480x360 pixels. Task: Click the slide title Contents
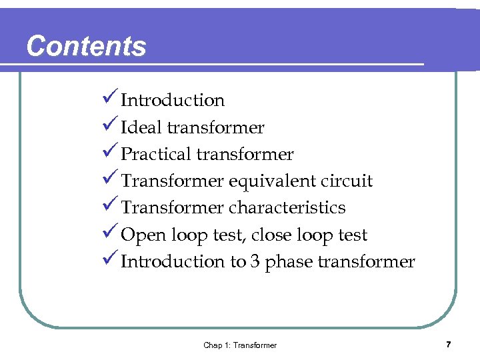[x=86, y=46]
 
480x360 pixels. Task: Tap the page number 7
[x=449, y=344]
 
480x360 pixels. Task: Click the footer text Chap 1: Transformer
[x=240, y=345]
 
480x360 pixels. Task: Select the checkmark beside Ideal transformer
[x=111, y=127]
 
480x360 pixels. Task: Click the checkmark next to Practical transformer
[x=111, y=153]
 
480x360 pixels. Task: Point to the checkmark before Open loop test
[x=111, y=234]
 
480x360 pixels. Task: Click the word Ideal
[x=141, y=127]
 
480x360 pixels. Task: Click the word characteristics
[x=287, y=207]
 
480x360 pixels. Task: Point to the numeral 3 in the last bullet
[x=255, y=261]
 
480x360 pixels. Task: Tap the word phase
[x=289, y=262]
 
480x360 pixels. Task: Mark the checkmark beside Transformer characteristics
[x=111, y=207]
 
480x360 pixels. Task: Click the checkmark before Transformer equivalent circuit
[x=111, y=180]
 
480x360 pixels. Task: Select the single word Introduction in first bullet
[x=173, y=100]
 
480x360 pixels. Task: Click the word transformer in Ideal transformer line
[x=215, y=127]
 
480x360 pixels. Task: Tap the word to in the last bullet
[x=238, y=262]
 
